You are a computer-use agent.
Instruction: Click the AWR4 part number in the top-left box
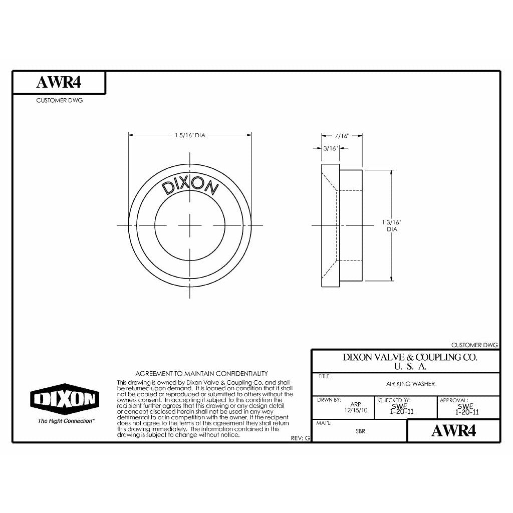coord(59,83)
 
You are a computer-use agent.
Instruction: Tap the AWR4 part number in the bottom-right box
coord(453,431)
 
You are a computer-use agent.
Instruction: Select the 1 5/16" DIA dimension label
coord(190,135)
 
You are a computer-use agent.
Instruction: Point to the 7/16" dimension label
coord(341,136)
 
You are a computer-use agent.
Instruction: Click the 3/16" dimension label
coord(331,148)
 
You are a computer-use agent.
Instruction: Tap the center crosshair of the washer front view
coord(190,225)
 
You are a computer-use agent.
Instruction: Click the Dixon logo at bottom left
coord(65,399)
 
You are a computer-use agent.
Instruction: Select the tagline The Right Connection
coord(66,421)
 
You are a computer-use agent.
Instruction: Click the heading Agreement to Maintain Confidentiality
coord(202,374)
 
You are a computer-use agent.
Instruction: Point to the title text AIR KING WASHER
coord(407,384)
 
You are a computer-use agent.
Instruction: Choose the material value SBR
coord(360,431)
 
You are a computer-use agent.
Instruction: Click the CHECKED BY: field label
coord(394,400)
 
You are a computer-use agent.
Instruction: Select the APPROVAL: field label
coord(453,400)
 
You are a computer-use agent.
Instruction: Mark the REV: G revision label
coord(301,438)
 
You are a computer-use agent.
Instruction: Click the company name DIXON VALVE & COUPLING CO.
coord(409,358)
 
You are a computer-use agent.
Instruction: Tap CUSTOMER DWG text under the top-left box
coord(59,100)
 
